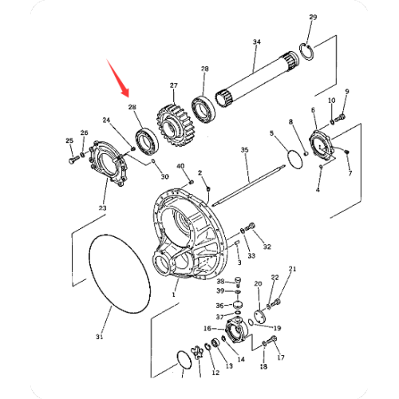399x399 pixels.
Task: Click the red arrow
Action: pos(117,74)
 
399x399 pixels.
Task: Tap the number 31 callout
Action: pos(100,338)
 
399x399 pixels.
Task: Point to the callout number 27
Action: pos(173,85)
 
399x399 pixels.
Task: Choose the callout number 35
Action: pos(245,150)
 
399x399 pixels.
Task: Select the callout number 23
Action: pos(102,209)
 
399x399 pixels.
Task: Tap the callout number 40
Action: pos(180,167)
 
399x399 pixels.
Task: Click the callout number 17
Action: pos(280,358)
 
